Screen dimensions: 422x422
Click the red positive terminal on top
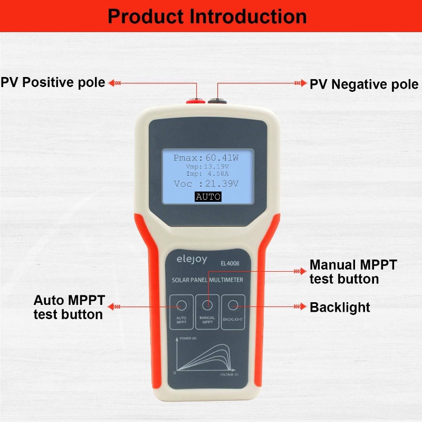point(196,101)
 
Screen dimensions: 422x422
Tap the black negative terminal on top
point(217,101)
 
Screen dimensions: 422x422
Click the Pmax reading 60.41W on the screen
point(222,158)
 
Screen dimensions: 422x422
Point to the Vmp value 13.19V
point(216,167)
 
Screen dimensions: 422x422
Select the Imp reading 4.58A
point(218,174)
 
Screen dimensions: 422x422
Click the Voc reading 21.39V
point(222,184)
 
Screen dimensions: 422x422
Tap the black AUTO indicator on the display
point(208,197)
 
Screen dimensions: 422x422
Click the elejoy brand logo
point(192,260)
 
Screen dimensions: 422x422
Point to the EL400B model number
point(230,263)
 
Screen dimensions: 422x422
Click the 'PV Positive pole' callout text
point(53,82)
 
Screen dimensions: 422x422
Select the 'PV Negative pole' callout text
point(364,84)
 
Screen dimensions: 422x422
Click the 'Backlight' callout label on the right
point(340,308)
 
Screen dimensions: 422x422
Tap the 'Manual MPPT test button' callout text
point(353,272)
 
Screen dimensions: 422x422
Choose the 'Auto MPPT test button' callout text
point(69,308)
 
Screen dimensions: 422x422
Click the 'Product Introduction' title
point(207,16)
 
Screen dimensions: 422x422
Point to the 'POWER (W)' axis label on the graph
point(188,338)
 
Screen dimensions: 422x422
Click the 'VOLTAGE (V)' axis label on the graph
point(229,375)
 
